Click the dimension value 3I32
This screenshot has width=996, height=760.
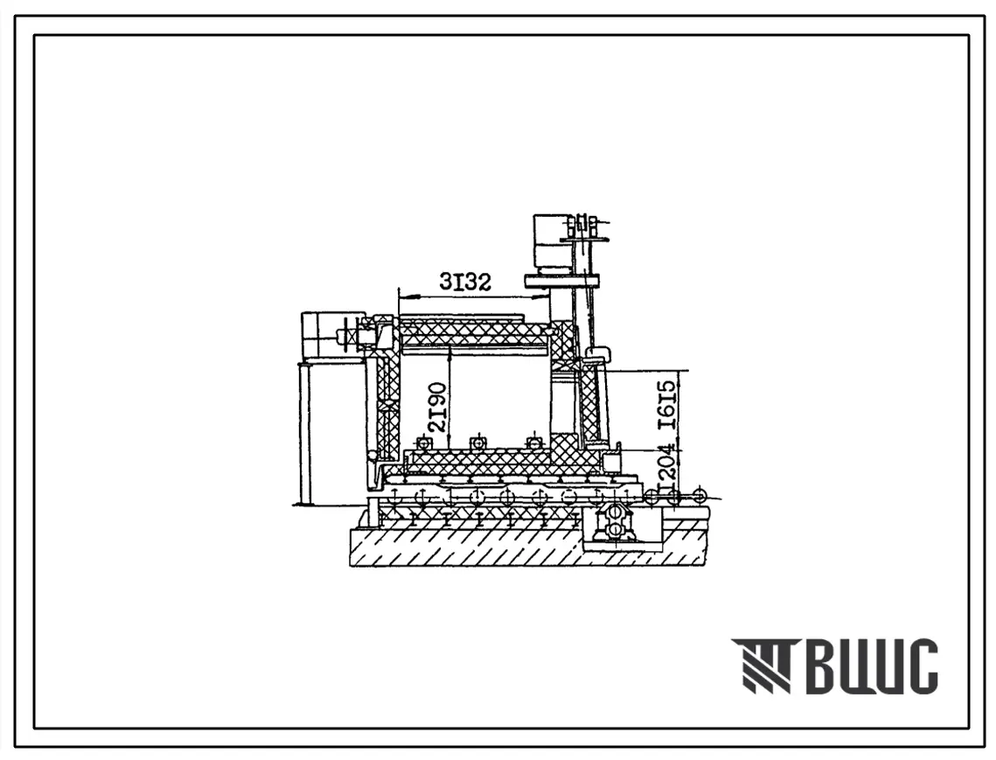[x=465, y=281]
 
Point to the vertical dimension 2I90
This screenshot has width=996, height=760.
[x=437, y=408]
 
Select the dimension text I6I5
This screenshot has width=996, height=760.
[x=667, y=406]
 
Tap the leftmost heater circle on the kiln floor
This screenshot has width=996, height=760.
[x=421, y=443]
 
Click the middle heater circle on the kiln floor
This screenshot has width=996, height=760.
[x=477, y=443]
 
